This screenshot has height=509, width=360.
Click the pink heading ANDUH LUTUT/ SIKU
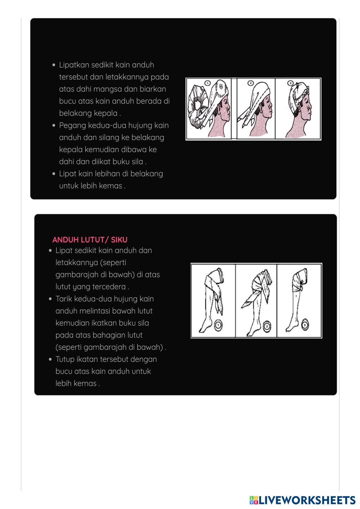click(90, 240)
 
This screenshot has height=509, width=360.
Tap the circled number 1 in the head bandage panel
click(207, 83)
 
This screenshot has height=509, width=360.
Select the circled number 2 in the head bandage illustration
click(251, 83)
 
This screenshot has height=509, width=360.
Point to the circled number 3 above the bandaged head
click(291, 83)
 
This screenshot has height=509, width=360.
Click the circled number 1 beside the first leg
click(218, 325)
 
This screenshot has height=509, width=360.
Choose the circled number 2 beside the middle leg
click(267, 327)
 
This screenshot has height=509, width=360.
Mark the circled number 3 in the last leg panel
click(305, 325)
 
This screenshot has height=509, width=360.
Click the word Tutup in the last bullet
click(64, 359)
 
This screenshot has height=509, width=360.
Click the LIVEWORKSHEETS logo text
click(302, 500)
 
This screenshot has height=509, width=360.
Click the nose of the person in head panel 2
click(271, 105)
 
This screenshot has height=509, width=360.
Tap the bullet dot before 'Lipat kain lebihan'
click(54, 174)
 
